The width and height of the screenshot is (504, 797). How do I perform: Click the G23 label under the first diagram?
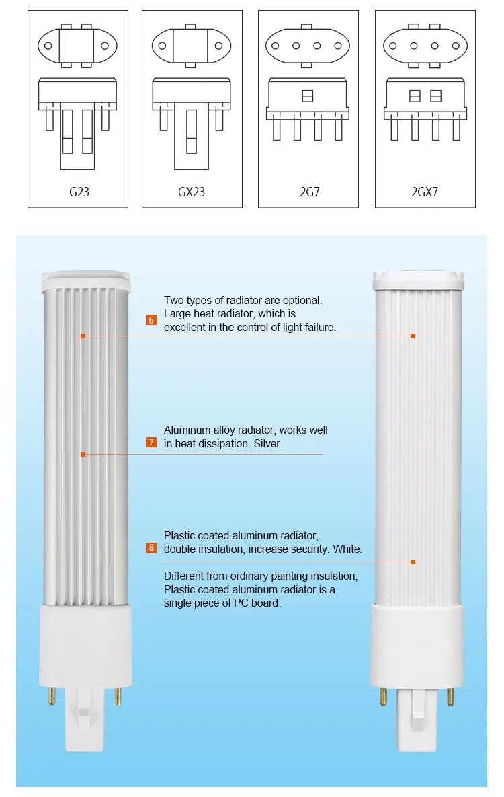[79, 192]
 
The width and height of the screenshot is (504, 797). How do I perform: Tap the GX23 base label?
[192, 192]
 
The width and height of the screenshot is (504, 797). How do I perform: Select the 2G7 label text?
[309, 192]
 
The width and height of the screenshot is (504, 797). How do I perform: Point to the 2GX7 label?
[425, 192]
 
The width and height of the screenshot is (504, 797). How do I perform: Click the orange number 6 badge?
[151, 320]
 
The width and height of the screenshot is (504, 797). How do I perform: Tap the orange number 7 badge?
[151, 443]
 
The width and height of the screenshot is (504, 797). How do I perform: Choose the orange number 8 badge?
[151, 547]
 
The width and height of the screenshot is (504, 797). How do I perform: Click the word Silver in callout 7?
[268, 444]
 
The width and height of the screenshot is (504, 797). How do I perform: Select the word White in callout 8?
[347, 549]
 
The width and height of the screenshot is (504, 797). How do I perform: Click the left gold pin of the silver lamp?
[50, 695]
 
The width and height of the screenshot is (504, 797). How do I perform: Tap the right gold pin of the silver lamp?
[118, 695]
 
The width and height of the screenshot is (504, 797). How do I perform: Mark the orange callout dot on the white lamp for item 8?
[413, 562]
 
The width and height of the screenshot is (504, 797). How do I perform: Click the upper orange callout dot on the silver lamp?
[83, 336]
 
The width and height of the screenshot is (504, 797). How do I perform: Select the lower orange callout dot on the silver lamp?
[83, 455]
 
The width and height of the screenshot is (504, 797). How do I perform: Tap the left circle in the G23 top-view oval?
[48, 46]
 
